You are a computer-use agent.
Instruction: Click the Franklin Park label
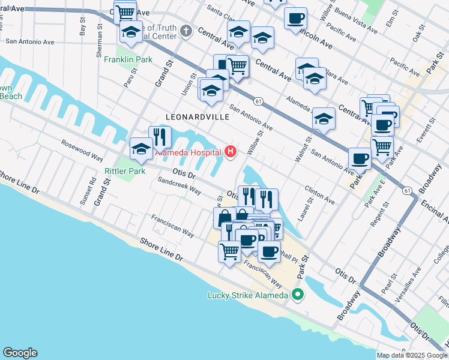(128, 59)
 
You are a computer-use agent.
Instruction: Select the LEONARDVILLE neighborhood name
(198, 117)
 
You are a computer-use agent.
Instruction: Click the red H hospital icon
(231, 152)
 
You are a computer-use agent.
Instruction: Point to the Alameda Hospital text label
(188, 152)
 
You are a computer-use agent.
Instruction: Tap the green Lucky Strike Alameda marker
(297, 295)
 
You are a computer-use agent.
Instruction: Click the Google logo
(20, 353)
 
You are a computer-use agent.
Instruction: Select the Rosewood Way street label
(82, 150)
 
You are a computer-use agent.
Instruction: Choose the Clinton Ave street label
(319, 192)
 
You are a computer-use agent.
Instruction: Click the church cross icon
(186, 31)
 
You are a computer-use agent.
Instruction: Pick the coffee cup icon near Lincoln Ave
(295, 18)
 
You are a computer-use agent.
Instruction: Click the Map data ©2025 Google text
(412, 355)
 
